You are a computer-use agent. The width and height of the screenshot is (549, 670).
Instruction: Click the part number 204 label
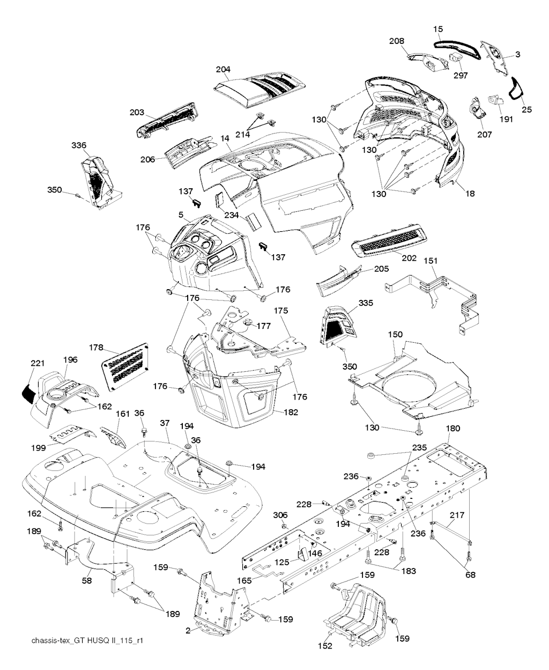click(x=223, y=70)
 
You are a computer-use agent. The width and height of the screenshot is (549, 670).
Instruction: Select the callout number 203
click(x=137, y=112)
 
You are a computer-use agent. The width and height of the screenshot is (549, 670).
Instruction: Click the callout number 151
click(x=431, y=261)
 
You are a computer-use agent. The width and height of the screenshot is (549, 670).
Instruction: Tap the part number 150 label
click(x=395, y=334)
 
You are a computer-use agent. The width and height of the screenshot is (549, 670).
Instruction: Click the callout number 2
click(x=188, y=631)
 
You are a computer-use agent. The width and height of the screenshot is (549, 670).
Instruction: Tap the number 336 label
click(x=79, y=145)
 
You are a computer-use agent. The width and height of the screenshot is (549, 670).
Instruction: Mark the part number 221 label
click(x=37, y=363)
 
